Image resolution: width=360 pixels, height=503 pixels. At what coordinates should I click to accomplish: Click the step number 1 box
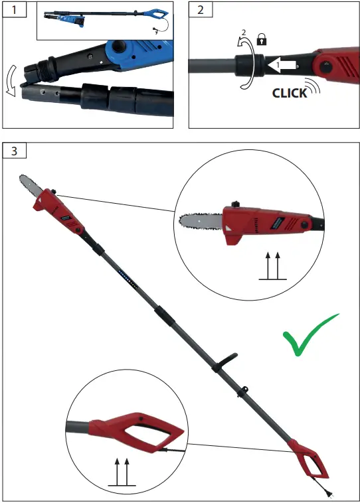pos(12,10)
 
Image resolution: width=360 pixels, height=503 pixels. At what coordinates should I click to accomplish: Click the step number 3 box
pos(15,150)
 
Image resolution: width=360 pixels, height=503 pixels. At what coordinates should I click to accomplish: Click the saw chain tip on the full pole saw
pos(22,181)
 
